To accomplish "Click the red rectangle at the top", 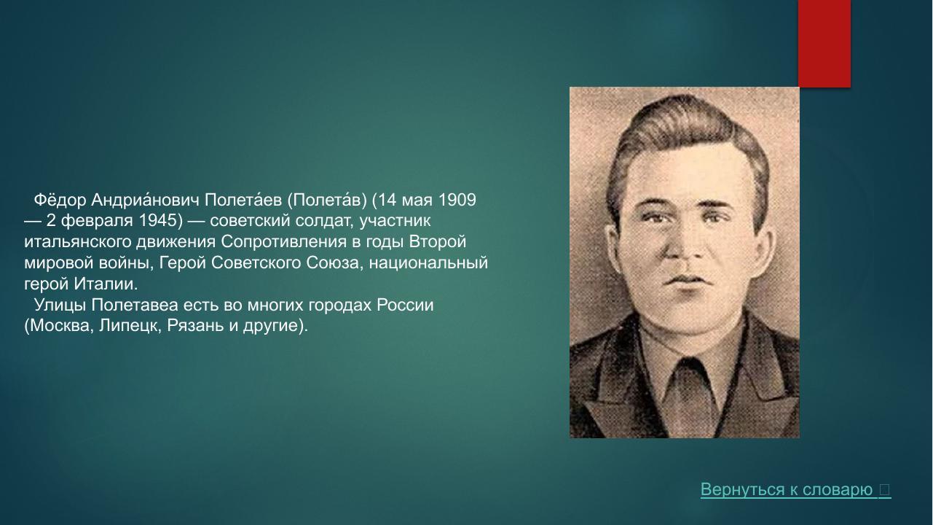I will point(824,44).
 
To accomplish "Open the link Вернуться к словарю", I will point(787,490).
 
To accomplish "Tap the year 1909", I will point(457,200).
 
